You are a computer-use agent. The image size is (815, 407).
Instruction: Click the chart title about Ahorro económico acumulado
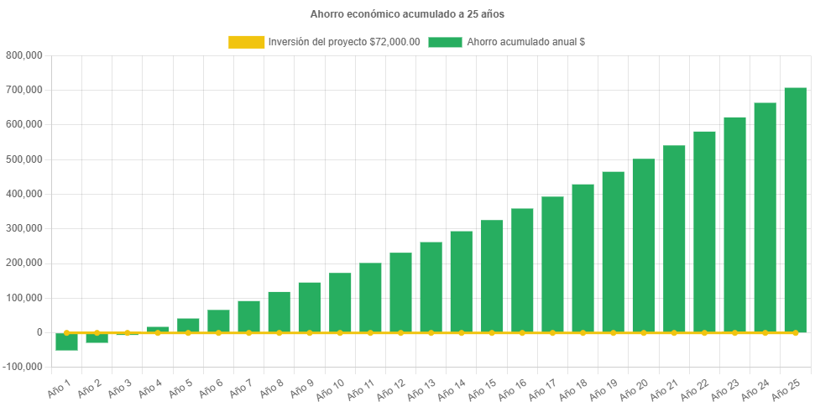pos(407,14)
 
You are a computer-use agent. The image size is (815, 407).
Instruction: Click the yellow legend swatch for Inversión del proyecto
pos(246,42)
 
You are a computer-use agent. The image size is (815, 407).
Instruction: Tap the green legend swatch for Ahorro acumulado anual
pos(445,42)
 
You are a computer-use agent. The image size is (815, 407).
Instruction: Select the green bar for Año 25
pos(795,210)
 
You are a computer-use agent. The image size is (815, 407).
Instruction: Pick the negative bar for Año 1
pos(67,342)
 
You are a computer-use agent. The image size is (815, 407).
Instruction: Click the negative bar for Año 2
pos(97,338)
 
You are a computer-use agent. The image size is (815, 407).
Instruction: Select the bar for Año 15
pos(492,276)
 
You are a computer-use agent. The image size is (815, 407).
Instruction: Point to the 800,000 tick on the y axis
pos(24,55)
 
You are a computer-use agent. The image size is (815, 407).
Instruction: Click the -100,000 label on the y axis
pos(23,367)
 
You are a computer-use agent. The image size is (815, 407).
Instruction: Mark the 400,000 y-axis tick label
pos(24,194)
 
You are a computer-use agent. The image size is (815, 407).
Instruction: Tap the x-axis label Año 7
pos(239,389)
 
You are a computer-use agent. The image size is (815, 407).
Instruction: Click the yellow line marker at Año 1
pos(67,332)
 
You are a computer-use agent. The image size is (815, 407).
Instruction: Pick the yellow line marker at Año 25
pos(795,332)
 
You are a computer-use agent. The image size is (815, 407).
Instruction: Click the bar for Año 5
pos(188,325)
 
